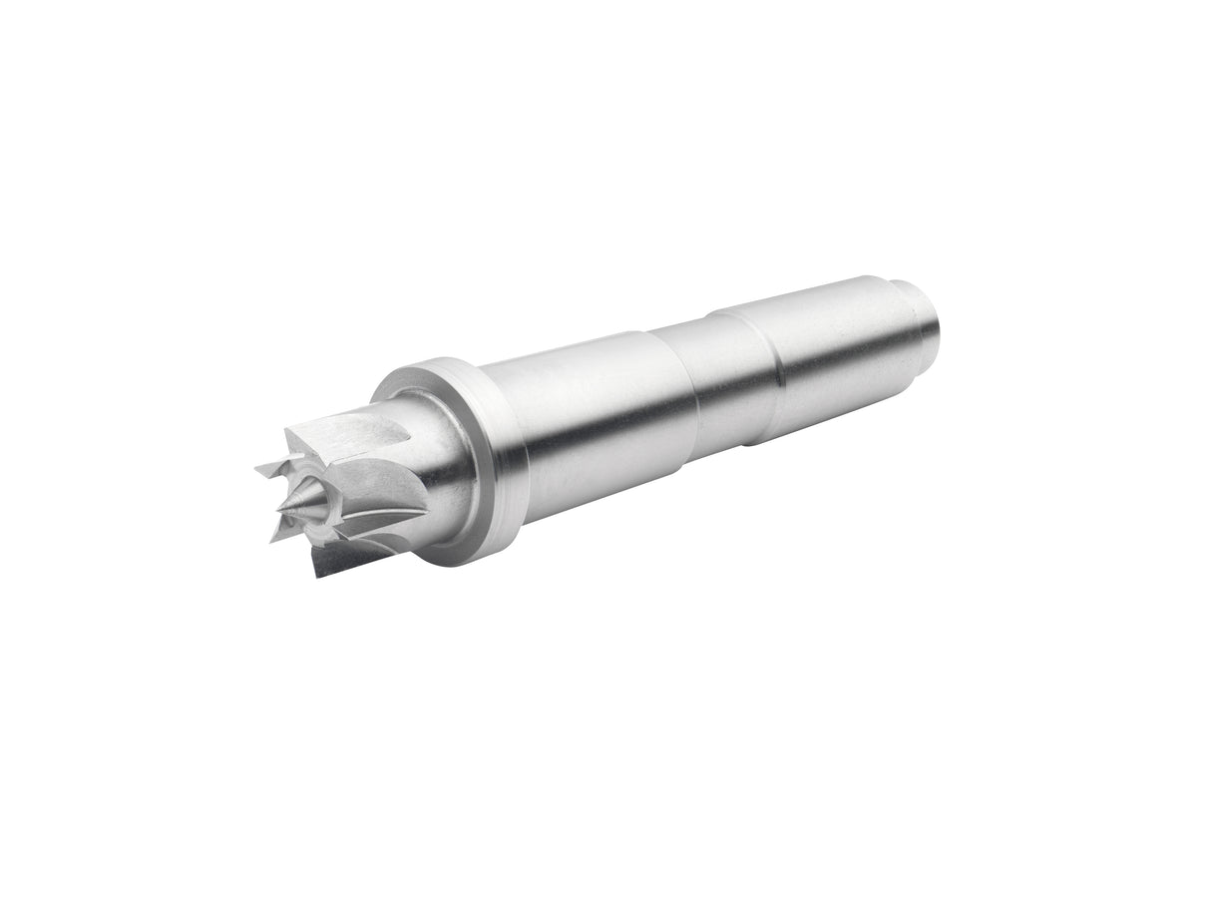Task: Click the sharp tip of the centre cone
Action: click(x=279, y=511)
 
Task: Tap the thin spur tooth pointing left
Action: click(x=271, y=467)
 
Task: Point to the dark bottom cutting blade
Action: click(x=334, y=559)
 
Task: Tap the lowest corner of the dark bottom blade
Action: click(x=317, y=576)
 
